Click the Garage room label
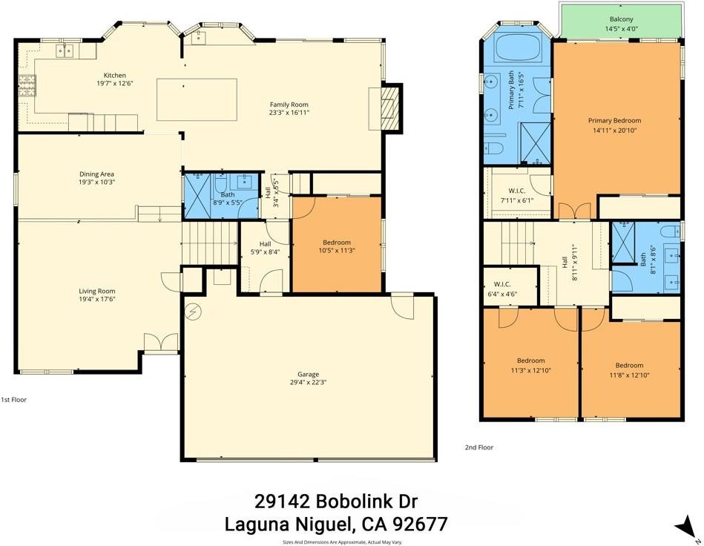[x=308, y=375]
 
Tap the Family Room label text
[x=289, y=105]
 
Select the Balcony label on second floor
[x=621, y=19]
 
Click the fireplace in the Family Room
[x=389, y=108]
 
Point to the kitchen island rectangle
[x=197, y=99]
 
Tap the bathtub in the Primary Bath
[x=517, y=47]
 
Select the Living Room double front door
[x=161, y=342]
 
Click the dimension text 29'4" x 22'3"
[x=308, y=384]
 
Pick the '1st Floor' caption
[x=13, y=400]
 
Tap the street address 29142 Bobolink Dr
[x=336, y=502]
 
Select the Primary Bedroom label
[x=614, y=120]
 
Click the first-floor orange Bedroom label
[x=336, y=243]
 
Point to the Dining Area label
[x=96, y=174]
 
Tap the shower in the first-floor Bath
[x=197, y=195]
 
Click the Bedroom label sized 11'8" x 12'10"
[x=629, y=365]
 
